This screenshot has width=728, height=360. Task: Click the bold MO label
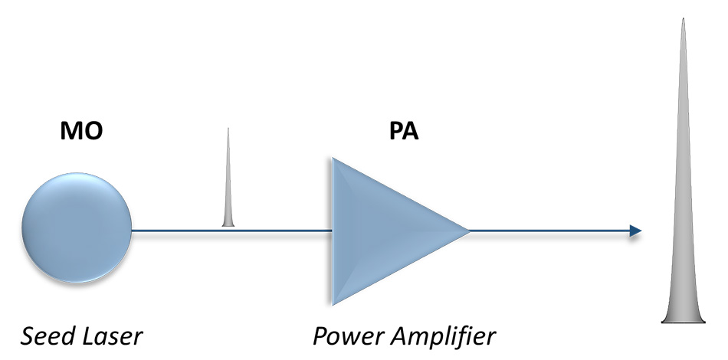[81, 132]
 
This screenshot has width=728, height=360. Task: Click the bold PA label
[404, 132]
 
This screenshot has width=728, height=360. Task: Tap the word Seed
[48, 335]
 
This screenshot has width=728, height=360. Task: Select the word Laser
[113, 335]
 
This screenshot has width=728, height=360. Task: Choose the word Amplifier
[444, 335]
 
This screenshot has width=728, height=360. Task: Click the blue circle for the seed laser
[77, 231]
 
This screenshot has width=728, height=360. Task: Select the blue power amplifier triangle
[383, 231]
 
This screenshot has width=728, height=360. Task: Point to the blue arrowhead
[635, 231]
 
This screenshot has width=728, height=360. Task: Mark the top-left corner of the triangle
[333, 159]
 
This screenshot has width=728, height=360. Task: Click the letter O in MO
[91, 132]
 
